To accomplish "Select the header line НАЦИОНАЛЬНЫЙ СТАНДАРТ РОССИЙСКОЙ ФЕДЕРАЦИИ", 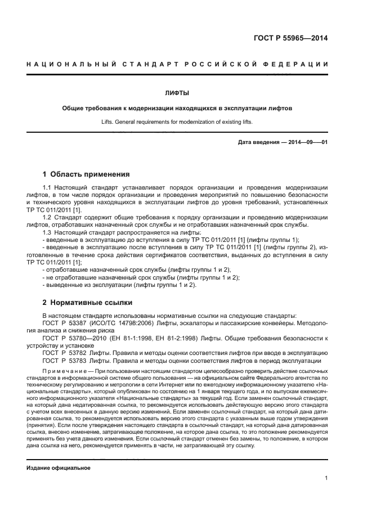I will [x=177, y=64].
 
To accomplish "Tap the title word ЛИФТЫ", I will [x=177, y=92].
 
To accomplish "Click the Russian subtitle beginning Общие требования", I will [x=177, y=108].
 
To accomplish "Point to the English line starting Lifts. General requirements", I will [x=177, y=122].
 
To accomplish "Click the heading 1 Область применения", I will [x=86, y=174].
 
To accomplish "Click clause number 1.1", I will [x=47, y=187].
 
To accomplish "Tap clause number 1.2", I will [x=47, y=217].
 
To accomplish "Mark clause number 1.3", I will [x=47, y=232].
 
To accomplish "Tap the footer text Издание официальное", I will [x=59, y=467].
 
